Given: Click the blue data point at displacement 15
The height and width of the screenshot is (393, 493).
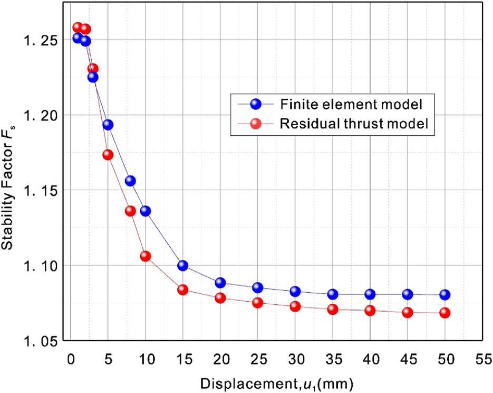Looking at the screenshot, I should [x=183, y=265].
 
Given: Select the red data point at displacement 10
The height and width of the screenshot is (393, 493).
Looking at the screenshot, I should [x=146, y=256].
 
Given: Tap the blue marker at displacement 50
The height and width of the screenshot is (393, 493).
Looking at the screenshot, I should [x=445, y=294].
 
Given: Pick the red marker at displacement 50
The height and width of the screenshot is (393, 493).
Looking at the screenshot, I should [x=445, y=312].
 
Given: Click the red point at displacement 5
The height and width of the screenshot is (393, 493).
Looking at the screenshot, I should [x=108, y=155].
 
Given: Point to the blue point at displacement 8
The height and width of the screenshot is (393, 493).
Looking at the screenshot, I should [x=130, y=181].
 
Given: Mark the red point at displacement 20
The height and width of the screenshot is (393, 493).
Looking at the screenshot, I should [x=220, y=298].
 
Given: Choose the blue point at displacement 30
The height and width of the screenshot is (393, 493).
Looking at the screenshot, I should [x=295, y=291].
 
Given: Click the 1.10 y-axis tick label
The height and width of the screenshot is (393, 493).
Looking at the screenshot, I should [x=42, y=265].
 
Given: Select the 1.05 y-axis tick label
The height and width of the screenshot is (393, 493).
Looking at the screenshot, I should [x=42, y=340].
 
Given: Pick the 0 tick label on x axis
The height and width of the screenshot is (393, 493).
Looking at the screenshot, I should [x=71, y=357].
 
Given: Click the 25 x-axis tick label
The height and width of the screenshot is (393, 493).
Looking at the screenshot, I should [x=258, y=357].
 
